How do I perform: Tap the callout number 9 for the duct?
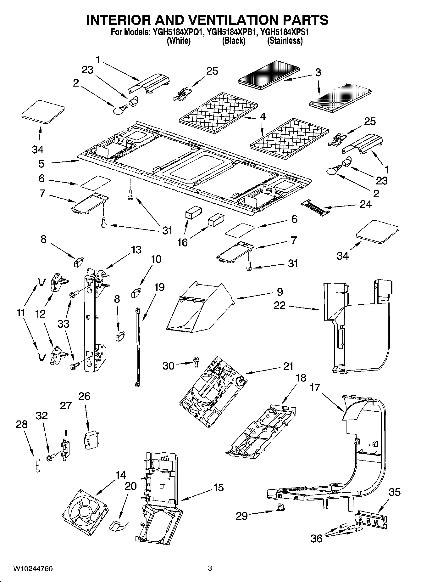pos(280,292)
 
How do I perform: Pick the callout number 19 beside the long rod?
pos(159,287)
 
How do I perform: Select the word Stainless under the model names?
pos(285,41)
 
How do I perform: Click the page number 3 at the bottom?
pos(210,568)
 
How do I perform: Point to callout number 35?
pos(394,492)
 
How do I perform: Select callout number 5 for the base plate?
pos(42,164)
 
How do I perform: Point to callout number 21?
pos(288,366)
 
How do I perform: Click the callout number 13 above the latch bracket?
pos(136,250)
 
